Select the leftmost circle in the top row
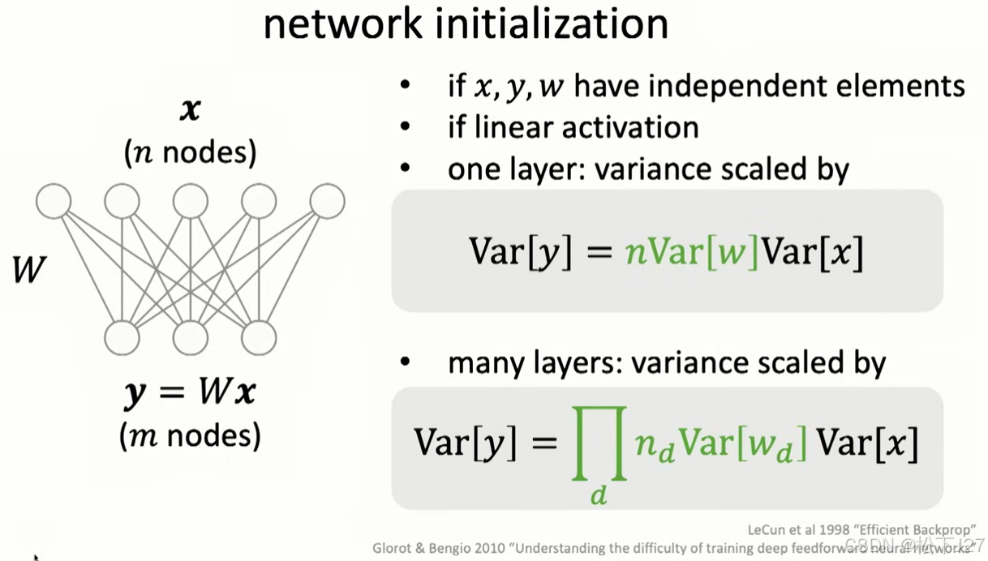pos(54,201)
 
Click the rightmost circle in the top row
pos(328,201)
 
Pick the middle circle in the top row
pos(191,201)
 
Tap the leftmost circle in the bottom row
pos(122,338)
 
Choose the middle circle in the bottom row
pos(191,338)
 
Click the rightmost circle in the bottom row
pos(259,338)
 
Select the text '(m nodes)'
pos(191,437)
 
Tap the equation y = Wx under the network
pos(191,393)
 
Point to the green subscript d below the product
pos(599,494)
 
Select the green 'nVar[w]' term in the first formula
pos(691,253)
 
